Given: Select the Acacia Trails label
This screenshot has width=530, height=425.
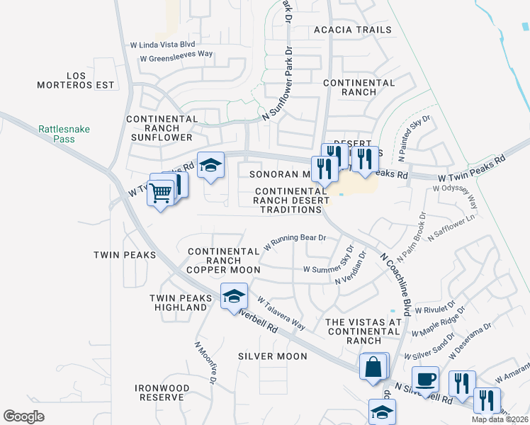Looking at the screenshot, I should click(x=351, y=30).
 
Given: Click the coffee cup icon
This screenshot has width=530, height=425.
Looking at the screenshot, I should click(x=425, y=379).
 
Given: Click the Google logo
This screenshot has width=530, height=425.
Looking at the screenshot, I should click(x=24, y=416).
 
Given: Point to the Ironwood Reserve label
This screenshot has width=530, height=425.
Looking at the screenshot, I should click(x=163, y=393).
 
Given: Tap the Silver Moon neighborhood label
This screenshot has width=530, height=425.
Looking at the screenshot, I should click(x=272, y=356).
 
